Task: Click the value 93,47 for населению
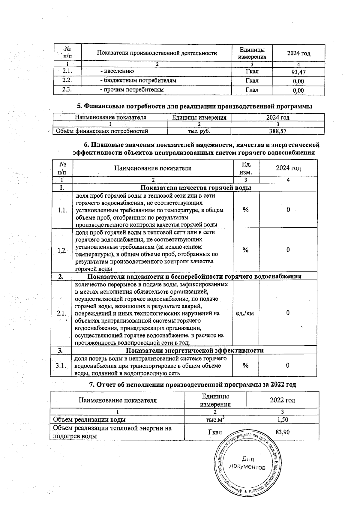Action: [x=298, y=72]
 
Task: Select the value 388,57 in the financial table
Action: [x=278, y=131]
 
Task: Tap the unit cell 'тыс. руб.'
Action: [x=199, y=131]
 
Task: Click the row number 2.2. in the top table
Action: [x=67, y=81]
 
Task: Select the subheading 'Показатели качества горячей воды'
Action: [x=196, y=188]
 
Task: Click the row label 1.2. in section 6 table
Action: [x=62, y=250]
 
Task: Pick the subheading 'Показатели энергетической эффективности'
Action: [x=194, y=350]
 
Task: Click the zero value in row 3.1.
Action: [x=287, y=365]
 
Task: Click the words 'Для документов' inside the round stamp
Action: [x=247, y=463]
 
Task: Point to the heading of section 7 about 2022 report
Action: [x=193, y=385]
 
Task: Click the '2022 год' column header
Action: [x=282, y=400]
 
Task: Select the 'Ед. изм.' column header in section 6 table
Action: [x=246, y=168]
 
